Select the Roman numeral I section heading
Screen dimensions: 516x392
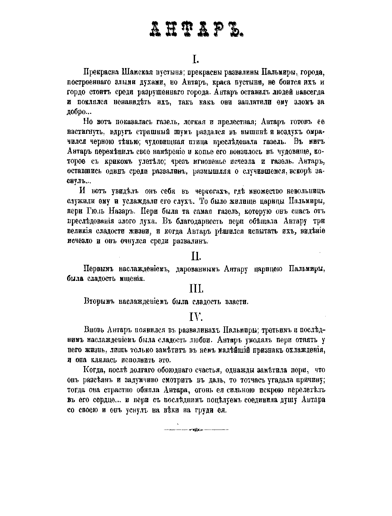click(x=196, y=59)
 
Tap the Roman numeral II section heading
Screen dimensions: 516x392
click(x=196, y=256)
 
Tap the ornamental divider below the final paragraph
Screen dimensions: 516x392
click(x=196, y=430)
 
